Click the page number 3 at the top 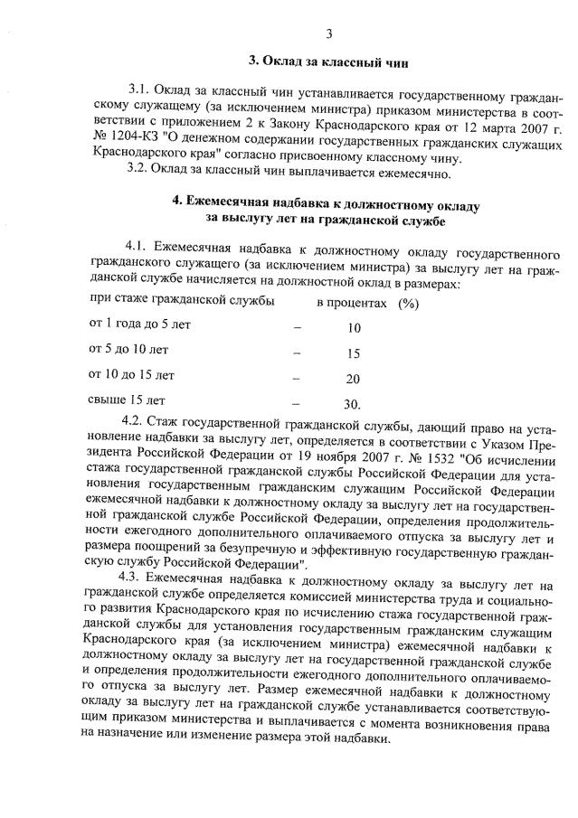pos(329,34)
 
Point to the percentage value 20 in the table pos(354,379)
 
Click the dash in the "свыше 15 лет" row pos(297,403)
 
